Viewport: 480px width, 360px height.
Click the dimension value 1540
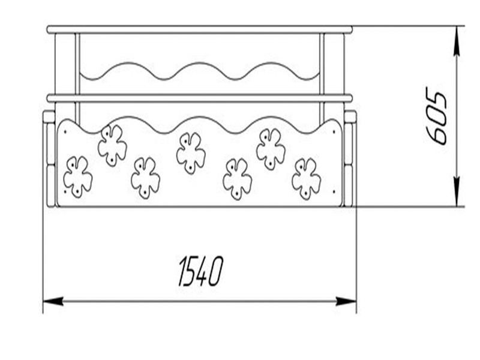point(200,271)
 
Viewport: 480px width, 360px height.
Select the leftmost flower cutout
point(77,176)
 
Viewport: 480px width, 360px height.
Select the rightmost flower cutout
point(306,178)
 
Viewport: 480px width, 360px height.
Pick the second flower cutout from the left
point(112,145)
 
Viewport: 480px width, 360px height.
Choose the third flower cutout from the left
point(146,178)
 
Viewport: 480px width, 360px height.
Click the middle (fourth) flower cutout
point(191,152)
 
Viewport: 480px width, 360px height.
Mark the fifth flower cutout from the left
point(237,178)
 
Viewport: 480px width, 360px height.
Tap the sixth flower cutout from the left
point(271,148)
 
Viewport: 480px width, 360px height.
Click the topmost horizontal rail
point(199,29)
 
